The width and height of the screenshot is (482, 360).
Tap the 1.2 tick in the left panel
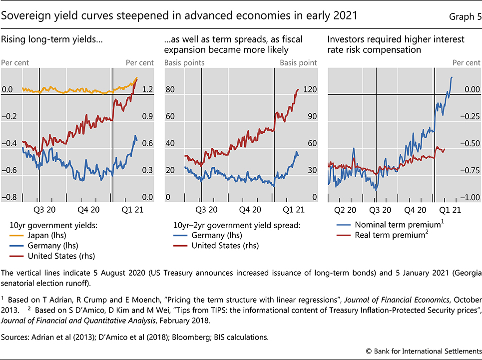pos(147,90)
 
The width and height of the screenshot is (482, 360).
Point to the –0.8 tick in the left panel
pos(9,198)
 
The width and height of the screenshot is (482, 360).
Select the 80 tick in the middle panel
pos(170,90)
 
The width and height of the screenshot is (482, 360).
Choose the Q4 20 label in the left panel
pos(89,210)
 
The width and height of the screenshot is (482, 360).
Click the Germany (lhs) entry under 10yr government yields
pos(53,245)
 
